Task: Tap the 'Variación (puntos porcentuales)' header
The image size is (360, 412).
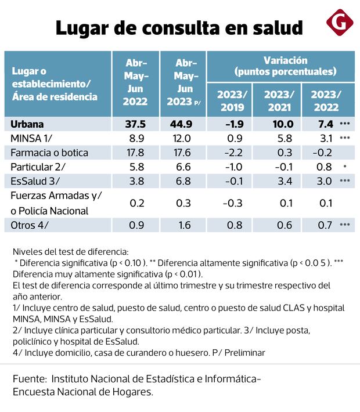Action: (285, 66)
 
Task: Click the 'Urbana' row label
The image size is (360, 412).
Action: (27, 124)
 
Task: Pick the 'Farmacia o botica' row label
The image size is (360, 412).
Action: (49, 153)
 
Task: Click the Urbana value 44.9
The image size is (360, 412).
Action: (183, 124)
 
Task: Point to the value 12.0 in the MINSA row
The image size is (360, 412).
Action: (183, 138)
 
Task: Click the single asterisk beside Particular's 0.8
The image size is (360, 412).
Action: (345, 167)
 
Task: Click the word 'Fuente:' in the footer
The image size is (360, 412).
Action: (30, 379)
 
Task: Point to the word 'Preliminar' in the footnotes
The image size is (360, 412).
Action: (244, 352)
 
